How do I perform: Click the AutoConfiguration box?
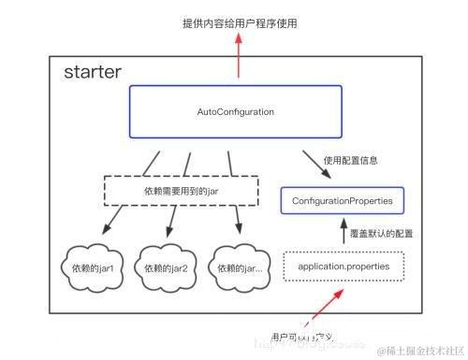(x=235, y=112)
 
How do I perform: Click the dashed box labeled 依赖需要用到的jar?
(x=180, y=191)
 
